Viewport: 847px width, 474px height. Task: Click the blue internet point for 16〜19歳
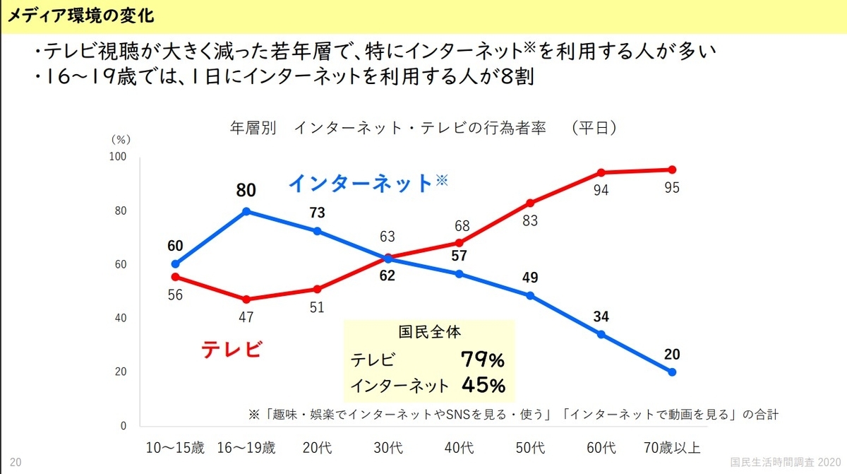(246, 211)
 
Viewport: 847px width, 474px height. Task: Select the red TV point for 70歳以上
(672, 170)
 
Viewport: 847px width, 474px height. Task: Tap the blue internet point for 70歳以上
(672, 372)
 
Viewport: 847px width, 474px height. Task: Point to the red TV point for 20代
(317, 289)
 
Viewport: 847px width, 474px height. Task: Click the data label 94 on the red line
(601, 190)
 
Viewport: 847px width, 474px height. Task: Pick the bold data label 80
(246, 190)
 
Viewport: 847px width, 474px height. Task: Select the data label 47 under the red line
(246, 316)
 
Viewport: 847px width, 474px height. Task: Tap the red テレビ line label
(232, 350)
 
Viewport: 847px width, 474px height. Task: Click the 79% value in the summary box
(483, 360)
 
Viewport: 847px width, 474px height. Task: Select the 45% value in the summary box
(483, 386)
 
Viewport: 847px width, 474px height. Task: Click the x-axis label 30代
(388, 448)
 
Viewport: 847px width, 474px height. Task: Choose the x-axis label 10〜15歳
(175, 448)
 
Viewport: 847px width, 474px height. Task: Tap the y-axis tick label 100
(118, 156)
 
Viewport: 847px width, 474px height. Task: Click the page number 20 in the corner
(16, 462)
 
